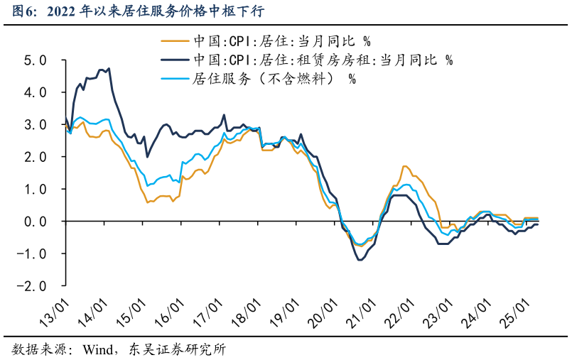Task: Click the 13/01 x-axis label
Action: pyautogui.click(x=53, y=312)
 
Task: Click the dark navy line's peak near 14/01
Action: pyautogui.click(x=109, y=68)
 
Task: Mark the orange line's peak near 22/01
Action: pyautogui.click(x=405, y=166)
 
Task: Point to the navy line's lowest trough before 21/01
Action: pyautogui.click(x=360, y=260)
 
